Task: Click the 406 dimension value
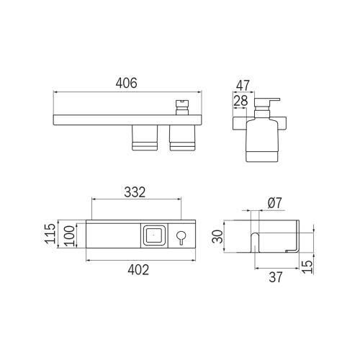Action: tap(127, 84)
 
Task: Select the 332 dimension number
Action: tap(135, 192)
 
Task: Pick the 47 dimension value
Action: tap(244, 86)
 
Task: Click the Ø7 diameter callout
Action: tap(274, 204)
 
